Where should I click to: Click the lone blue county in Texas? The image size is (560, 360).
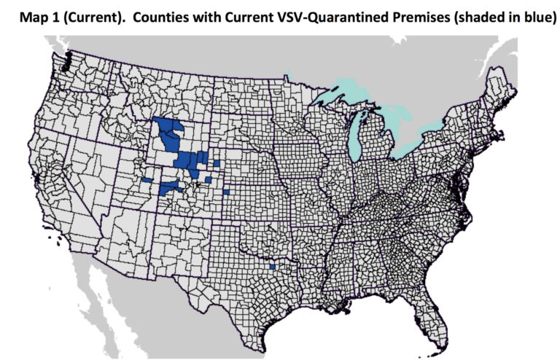click(x=272, y=267)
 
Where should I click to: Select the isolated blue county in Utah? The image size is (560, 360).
click(x=147, y=179)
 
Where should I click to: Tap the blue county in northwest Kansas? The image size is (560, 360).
click(x=226, y=192)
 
